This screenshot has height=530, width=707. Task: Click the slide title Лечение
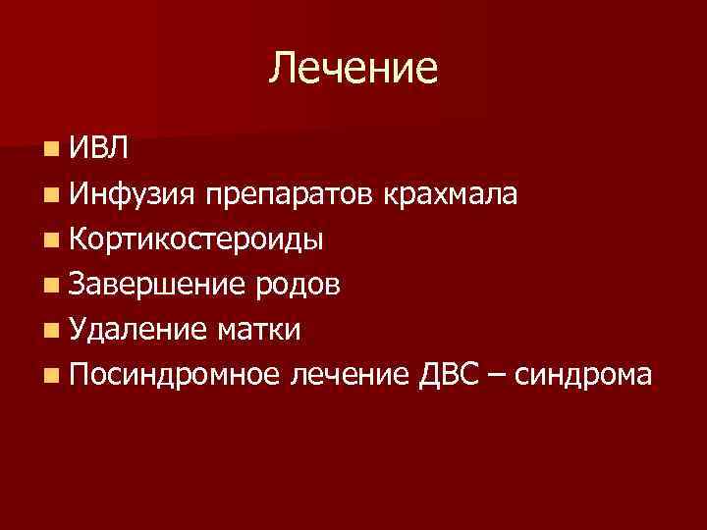point(353,68)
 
